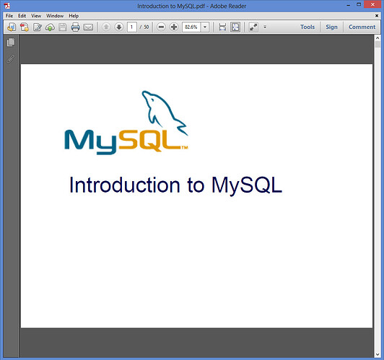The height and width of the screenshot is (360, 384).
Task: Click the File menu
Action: click(9, 16)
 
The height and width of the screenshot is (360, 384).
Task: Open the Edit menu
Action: click(22, 16)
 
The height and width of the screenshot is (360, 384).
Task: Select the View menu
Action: click(36, 16)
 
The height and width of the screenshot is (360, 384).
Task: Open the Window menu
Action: click(55, 16)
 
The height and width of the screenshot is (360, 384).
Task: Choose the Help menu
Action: click(74, 16)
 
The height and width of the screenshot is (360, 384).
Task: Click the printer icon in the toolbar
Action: click(75, 27)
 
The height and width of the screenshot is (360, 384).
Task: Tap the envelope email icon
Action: click(88, 27)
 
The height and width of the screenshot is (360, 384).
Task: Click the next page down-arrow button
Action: click(119, 27)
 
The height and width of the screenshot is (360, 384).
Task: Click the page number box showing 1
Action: click(132, 27)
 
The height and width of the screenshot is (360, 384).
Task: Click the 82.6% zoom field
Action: click(191, 27)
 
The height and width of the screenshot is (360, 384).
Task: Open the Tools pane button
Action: click(307, 27)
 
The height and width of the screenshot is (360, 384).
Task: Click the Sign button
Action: click(331, 27)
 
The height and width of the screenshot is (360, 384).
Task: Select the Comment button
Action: click(362, 27)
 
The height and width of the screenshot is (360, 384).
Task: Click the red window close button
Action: click(373, 4)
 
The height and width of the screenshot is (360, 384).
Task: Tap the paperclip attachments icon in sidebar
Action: click(11, 58)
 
